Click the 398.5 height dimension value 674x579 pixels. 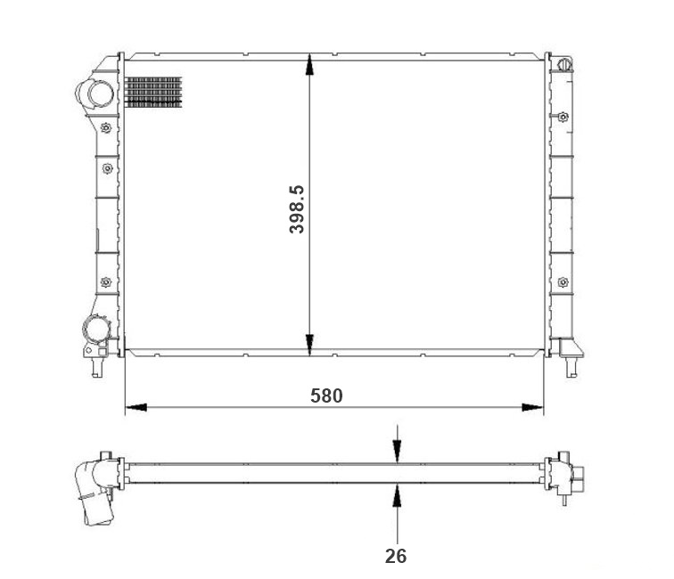coord(297,209)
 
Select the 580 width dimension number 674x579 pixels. coord(326,396)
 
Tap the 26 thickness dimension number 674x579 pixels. coord(396,556)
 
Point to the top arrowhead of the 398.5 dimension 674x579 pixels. coord(309,64)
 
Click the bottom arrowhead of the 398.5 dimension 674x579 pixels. coord(309,345)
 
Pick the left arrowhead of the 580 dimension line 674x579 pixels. coord(136,407)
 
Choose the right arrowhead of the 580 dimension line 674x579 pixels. coord(532,407)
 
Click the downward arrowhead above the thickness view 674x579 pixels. coord(398,452)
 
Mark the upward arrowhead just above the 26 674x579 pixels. coord(398,494)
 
